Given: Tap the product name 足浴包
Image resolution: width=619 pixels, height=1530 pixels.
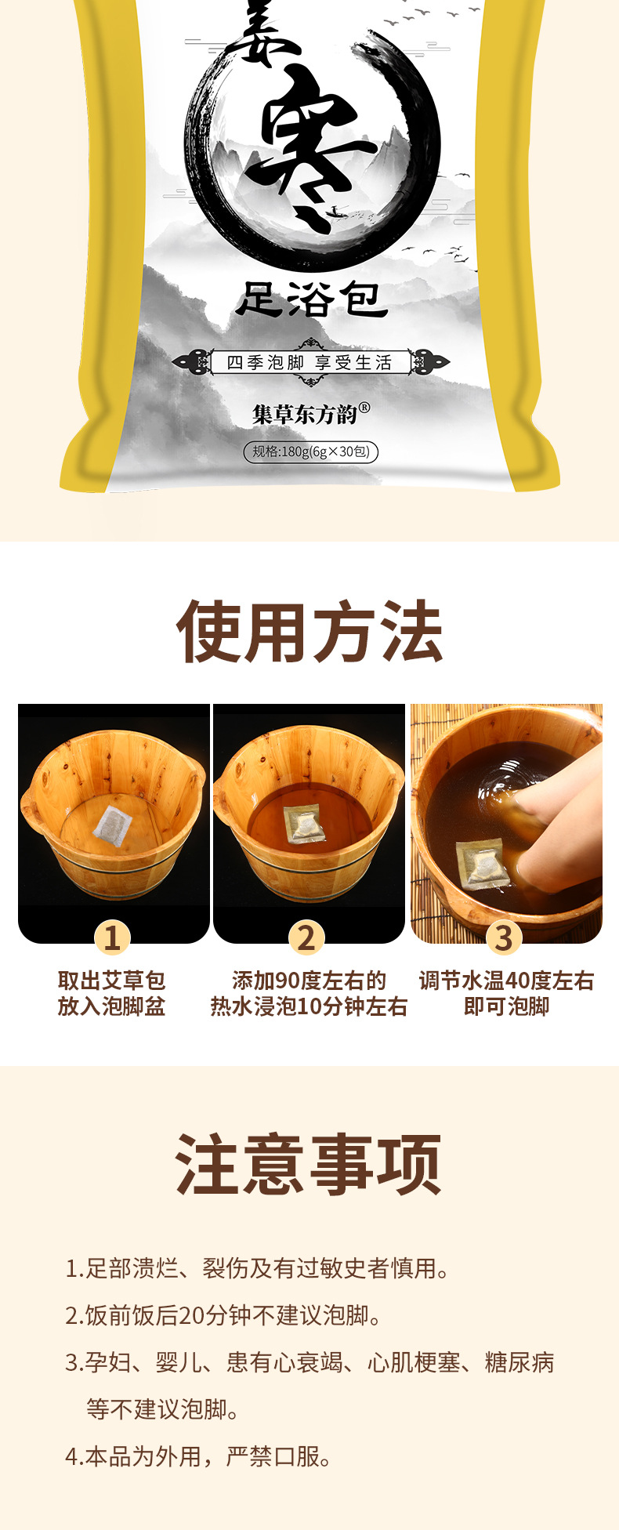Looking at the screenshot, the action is [x=311, y=300].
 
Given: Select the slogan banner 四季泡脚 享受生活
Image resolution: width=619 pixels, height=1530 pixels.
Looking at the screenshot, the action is [x=309, y=362].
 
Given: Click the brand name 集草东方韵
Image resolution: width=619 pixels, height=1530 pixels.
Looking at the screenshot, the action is [x=310, y=413].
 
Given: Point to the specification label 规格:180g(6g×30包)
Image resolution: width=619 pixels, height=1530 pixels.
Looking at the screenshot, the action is [x=310, y=451].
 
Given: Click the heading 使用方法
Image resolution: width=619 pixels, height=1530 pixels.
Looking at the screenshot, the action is [x=309, y=632].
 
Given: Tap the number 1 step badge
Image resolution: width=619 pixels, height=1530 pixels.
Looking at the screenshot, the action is [x=112, y=937].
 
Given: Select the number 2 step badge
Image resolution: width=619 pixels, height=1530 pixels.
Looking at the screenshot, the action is [x=306, y=937].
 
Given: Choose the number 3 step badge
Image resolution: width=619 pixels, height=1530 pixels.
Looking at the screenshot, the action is [x=504, y=937].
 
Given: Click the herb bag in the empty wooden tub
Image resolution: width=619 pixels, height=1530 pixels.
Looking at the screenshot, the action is [x=110, y=822].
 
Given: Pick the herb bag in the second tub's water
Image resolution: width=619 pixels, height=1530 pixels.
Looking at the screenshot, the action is [x=304, y=824].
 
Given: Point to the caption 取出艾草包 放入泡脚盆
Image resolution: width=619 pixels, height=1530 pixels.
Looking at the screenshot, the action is [x=111, y=993].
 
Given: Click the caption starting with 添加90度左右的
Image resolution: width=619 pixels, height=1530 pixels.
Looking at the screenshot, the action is [x=309, y=993].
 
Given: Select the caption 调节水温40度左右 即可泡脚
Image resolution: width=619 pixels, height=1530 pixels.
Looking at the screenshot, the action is [x=506, y=993].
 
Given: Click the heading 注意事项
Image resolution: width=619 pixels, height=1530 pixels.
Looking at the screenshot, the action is [x=309, y=1165].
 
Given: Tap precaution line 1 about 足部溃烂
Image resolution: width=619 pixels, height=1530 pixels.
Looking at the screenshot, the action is [x=259, y=1268].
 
